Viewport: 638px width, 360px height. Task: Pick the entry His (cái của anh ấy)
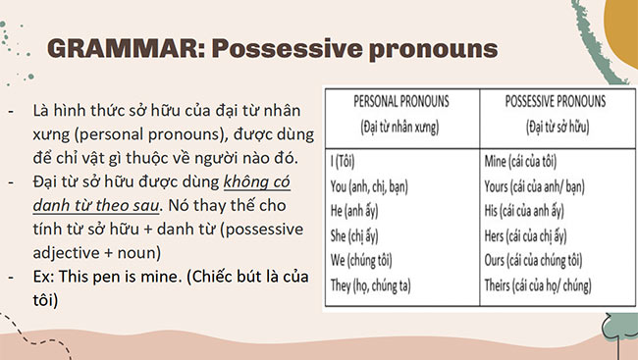531,211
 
